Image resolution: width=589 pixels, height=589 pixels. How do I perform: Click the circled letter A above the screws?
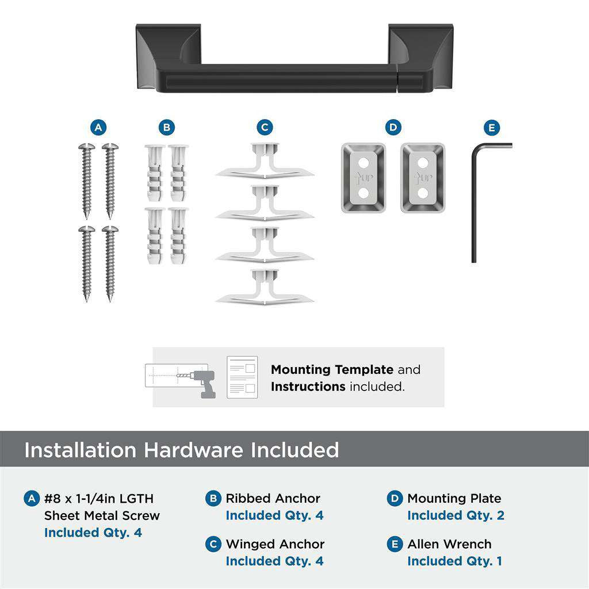98,128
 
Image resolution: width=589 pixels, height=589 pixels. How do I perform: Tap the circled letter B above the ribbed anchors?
166,128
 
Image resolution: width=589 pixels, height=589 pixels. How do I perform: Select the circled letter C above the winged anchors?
265,128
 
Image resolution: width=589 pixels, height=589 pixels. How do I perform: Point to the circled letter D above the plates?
393,128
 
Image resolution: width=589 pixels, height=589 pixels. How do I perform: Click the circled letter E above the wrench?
492,128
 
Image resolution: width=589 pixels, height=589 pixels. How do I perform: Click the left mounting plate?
363,178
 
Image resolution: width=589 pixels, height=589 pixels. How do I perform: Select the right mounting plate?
423,178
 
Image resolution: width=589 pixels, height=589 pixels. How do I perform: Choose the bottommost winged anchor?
265,288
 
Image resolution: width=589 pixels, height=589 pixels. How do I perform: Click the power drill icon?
204,383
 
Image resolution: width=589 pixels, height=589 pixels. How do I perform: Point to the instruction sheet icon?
242,377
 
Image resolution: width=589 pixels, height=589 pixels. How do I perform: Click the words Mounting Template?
332,370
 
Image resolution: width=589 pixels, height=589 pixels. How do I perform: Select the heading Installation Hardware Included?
181,450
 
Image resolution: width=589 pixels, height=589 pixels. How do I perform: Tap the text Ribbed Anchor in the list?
273,499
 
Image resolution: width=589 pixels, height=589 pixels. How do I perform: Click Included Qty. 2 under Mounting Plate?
456,515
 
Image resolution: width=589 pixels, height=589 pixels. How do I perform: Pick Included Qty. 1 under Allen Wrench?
454,561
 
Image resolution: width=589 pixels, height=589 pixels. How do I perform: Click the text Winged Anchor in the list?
275,544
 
